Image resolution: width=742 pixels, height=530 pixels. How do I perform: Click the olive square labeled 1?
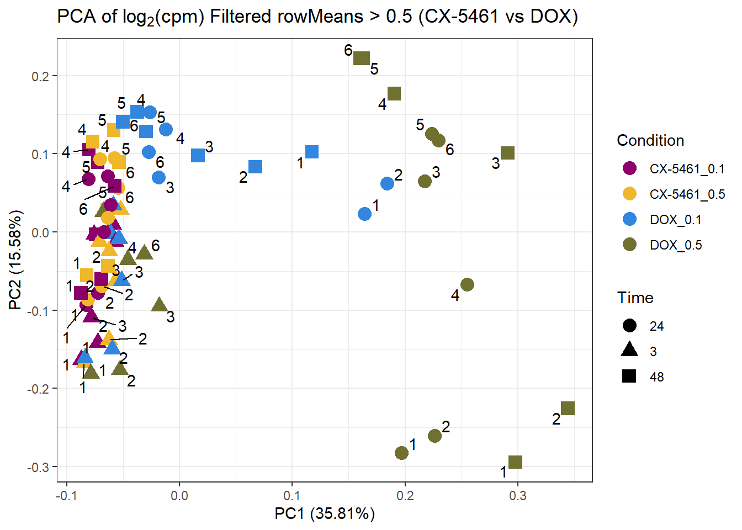pyautogui.click(x=515, y=462)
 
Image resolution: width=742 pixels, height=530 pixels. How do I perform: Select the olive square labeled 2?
pyautogui.click(x=568, y=409)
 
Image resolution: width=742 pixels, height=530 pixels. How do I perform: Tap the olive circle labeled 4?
pyautogui.click(x=467, y=285)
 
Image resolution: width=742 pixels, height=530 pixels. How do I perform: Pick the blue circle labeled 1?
pyautogui.click(x=364, y=214)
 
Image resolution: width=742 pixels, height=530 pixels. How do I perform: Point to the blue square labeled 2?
pyautogui.click(x=255, y=167)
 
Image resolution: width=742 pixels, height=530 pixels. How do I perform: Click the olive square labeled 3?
pyautogui.click(x=507, y=153)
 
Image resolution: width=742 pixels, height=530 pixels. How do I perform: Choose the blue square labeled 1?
pyautogui.click(x=312, y=152)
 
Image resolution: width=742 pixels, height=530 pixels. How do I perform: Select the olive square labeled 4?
pyautogui.click(x=394, y=94)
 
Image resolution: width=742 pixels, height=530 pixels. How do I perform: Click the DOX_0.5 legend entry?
pyautogui.click(x=675, y=245)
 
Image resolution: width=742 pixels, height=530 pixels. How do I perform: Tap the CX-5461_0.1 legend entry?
pyautogui.click(x=686, y=169)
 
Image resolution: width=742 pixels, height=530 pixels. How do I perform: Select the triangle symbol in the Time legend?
pyautogui.click(x=629, y=350)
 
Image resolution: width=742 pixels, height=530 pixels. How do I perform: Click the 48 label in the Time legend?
pyautogui.click(x=656, y=377)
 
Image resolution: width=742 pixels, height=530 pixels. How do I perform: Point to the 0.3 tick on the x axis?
pyautogui.click(x=518, y=495)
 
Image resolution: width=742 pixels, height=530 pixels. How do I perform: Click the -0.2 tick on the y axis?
pyautogui.click(x=38, y=389)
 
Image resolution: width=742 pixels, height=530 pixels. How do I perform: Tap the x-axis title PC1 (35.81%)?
pyautogui.click(x=325, y=514)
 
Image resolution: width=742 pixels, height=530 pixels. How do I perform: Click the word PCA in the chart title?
pyautogui.click(x=77, y=17)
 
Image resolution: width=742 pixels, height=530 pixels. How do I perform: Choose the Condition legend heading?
pyautogui.click(x=650, y=140)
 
